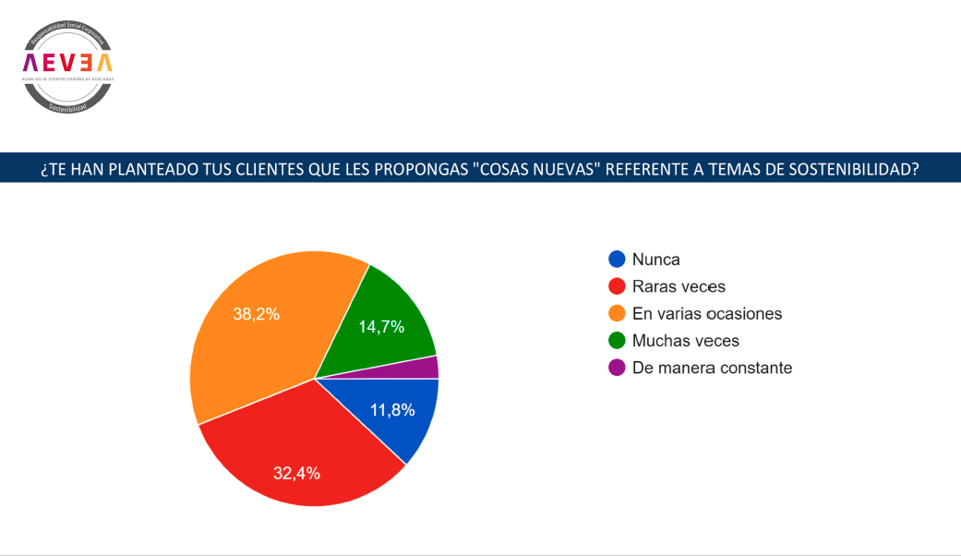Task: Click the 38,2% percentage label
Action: tap(256, 314)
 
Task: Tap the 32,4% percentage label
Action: tap(296, 474)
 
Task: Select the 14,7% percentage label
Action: tap(381, 326)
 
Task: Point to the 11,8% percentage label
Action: tap(392, 410)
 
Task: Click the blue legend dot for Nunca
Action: tap(617, 260)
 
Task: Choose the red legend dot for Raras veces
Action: tap(617, 286)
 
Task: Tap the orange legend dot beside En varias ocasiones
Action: tap(617, 313)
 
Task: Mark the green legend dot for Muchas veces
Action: tap(617, 341)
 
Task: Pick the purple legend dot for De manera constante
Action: tap(617, 368)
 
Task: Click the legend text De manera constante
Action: tap(712, 368)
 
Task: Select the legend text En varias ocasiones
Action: tap(707, 313)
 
